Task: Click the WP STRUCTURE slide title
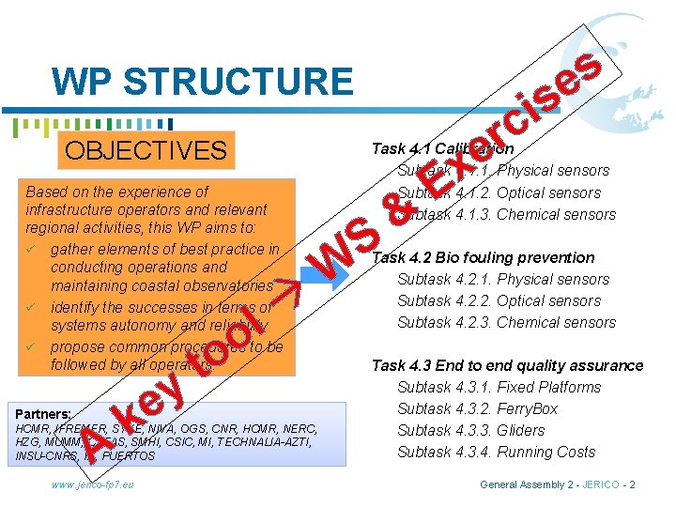[203, 82]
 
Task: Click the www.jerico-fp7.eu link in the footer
[93, 484]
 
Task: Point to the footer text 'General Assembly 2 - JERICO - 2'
[558, 484]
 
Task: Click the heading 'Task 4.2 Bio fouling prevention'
[484, 257]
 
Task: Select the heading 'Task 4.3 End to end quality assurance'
[507, 365]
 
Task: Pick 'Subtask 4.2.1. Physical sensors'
[503, 279]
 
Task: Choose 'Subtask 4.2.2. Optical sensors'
[499, 300]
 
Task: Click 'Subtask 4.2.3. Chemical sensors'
[506, 322]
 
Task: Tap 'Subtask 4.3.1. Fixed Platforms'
[499, 387]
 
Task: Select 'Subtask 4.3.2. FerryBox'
[477, 408]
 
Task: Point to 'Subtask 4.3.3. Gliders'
[470, 430]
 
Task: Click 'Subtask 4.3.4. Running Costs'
[496, 452]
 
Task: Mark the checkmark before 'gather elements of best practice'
[32, 249]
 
